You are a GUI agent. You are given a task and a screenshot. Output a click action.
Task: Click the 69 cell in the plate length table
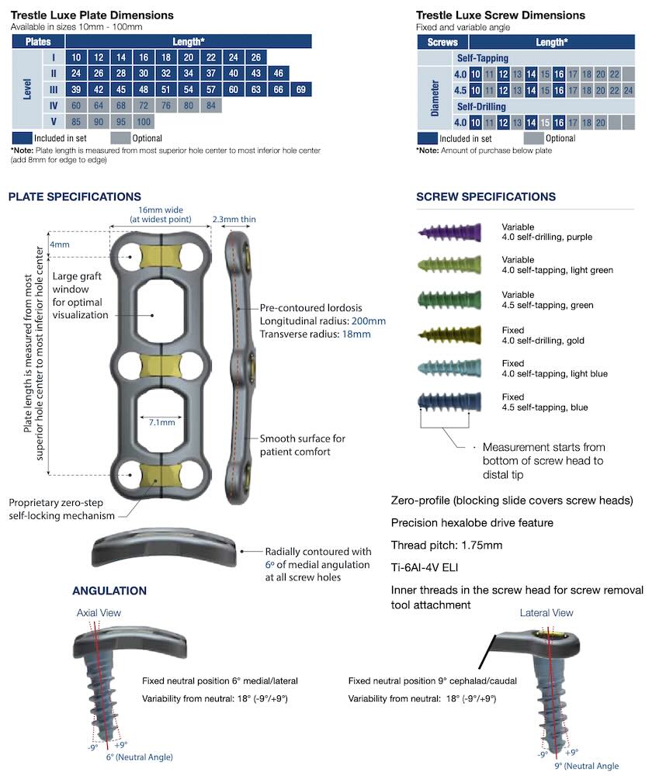coord(301,89)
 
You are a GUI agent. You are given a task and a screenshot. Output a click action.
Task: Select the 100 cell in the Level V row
coord(144,122)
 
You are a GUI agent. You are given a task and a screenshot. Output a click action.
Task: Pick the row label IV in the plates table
coord(54,106)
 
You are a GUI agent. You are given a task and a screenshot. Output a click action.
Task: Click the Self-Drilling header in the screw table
coord(482,106)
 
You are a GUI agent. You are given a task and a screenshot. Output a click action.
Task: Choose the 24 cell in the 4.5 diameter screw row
coord(628,90)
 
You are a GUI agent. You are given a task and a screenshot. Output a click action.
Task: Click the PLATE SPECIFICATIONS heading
coord(75,197)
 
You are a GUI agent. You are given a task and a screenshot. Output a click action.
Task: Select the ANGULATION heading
coord(109,591)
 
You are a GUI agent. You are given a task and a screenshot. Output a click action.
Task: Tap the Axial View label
coord(99,613)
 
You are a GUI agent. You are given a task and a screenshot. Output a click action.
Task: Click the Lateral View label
coord(546,613)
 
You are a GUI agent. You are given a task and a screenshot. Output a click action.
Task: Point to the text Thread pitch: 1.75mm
coord(446,545)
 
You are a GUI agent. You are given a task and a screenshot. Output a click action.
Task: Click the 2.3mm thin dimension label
coord(234,220)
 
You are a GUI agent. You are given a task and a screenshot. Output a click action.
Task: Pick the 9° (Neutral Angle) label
coord(586,766)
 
